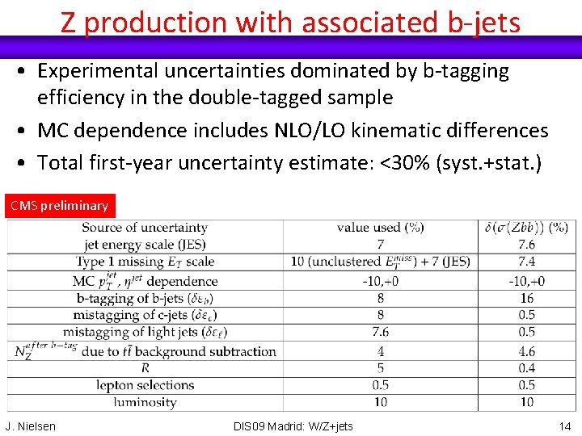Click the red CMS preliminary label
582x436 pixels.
pyautogui.click(x=59, y=206)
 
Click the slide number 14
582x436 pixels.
pyautogui.click(x=565, y=426)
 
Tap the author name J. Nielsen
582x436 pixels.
pyautogui.click(x=31, y=426)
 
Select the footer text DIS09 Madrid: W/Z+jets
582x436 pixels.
pyautogui.click(x=293, y=426)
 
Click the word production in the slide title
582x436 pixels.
pyautogui.click(x=158, y=22)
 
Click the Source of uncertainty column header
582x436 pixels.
pyautogui.click(x=145, y=228)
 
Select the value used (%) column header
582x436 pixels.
pyautogui.click(x=380, y=228)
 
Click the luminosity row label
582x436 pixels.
pyautogui.click(x=145, y=402)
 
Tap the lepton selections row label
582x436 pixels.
pyautogui.click(x=145, y=385)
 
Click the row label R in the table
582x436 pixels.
pyautogui.click(x=145, y=368)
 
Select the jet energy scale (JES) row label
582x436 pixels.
pyautogui.click(x=145, y=245)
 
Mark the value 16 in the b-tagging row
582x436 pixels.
pyautogui.click(x=527, y=298)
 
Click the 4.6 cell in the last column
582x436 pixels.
pyautogui.click(x=527, y=351)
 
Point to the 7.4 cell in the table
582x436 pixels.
pyautogui.click(x=527, y=262)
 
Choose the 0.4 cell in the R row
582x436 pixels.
pyautogui.click(x=527, y=368)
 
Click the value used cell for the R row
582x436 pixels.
pyautogui.click(x=380, y=368)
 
